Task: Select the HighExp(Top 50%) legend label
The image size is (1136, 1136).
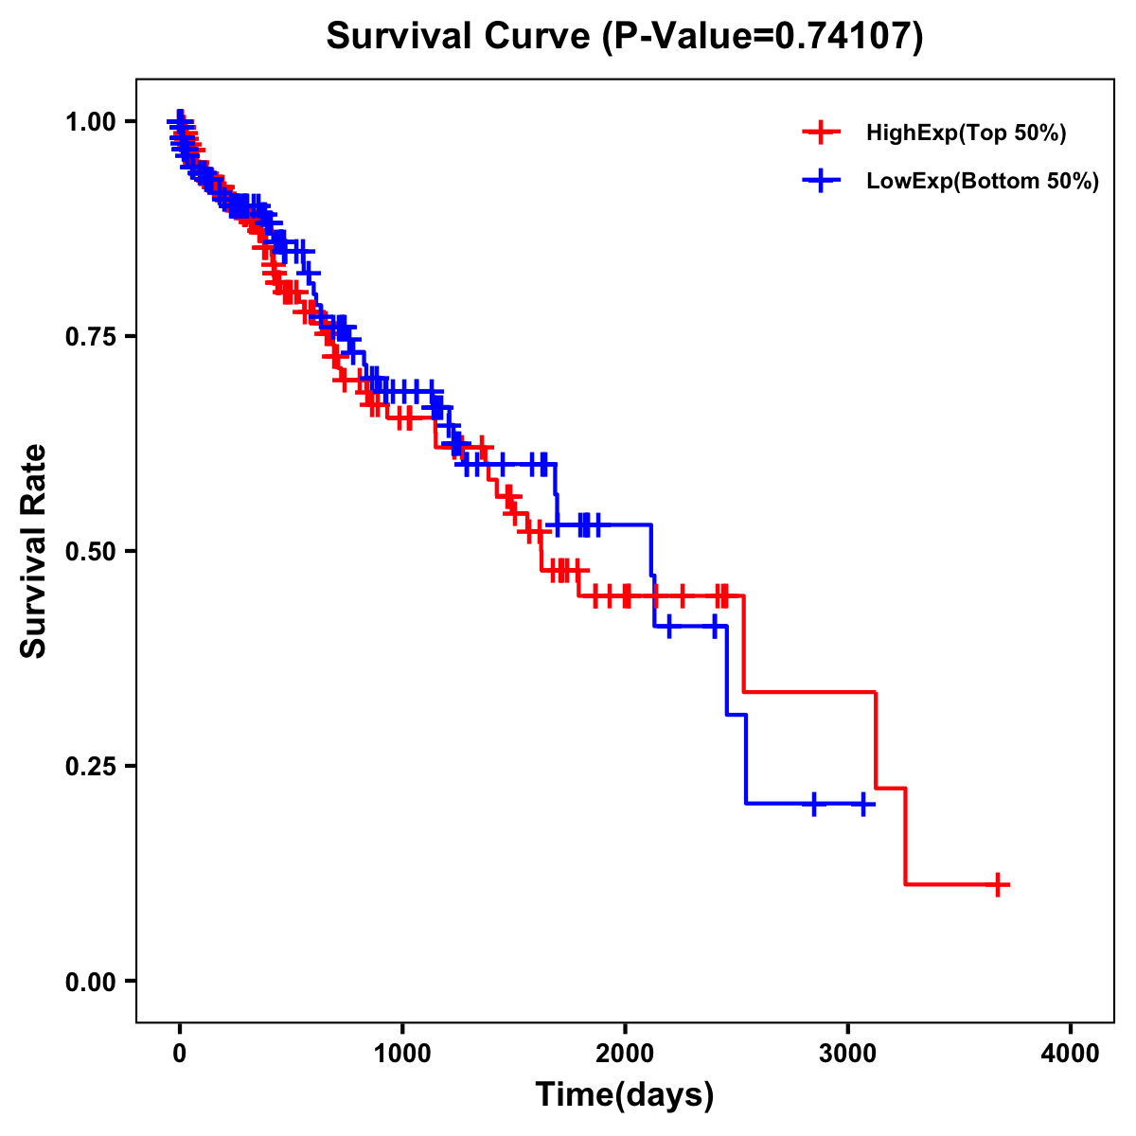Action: (x=966, y=133)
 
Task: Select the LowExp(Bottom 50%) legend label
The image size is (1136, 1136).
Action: (x=983, y=181)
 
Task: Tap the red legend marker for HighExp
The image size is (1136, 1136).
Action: (x=821, y=133)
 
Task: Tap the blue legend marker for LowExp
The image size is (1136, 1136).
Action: (x=821, y=180)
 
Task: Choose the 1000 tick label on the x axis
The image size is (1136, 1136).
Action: (x=402, y=1054)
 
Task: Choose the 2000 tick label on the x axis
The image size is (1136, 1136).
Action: (x=625, y=1054)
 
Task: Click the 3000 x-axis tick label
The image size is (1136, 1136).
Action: (x=848, y=1054)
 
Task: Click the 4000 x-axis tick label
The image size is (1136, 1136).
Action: (x=1071, y=1054)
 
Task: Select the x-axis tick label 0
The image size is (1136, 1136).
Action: (x=180, y=1054)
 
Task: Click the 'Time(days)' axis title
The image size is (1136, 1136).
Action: (x=625, y=1095)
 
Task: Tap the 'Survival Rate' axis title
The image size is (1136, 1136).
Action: (x=34, y=550)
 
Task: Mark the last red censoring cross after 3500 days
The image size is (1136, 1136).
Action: (x=997, y=884)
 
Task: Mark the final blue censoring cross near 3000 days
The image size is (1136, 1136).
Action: (x=862, y=804)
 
